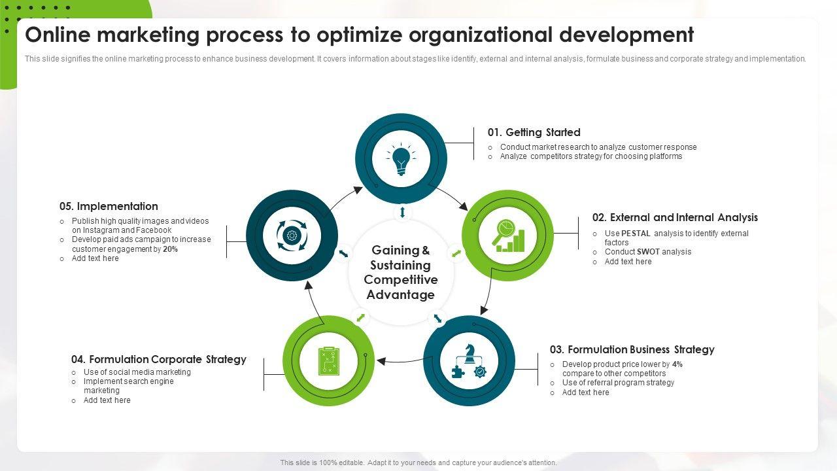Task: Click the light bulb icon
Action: [401, 160]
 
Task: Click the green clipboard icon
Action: [328, 360]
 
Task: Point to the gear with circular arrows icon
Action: [292, 235]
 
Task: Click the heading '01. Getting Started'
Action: [534, 132]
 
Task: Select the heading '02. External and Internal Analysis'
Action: [675, 217]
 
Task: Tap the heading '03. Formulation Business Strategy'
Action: [632, 349]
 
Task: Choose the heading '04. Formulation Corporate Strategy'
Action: [159, 359]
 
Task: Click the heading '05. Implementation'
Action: [109, 206]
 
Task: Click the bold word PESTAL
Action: [636, 234]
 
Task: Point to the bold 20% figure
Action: [170, 249]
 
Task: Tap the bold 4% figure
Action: [677, 364]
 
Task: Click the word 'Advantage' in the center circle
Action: [400, 294]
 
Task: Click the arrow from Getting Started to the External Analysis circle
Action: [452, 197]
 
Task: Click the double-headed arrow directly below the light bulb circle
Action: [402, 213]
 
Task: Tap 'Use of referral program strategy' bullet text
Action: [618, 383]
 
